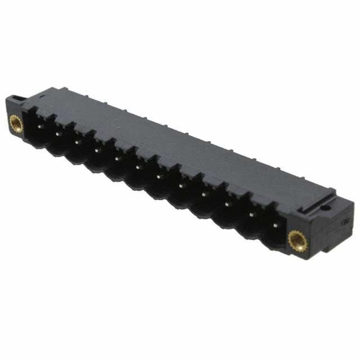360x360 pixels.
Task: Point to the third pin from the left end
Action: pyautogui.click(x=76, y=142)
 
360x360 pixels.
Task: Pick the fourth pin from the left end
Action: pyautogui.click(x=96, y=150)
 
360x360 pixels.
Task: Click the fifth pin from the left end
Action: pyautogui.click(x=116, y=158)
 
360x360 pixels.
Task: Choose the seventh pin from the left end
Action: pyautogui.click(x=159, y=176)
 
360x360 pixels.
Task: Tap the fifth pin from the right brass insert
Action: pyautogui.click(x=181, y=185)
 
